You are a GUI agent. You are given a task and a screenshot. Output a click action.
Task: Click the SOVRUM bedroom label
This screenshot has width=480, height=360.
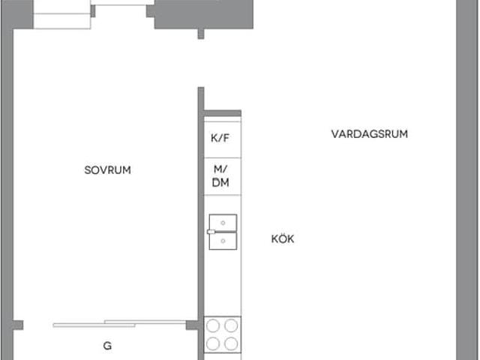tap(108, 170)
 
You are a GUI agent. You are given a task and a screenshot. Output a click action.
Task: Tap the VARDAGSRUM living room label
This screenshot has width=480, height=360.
tap(370, 134)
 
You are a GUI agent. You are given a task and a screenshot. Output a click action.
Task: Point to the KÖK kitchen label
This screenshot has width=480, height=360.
tap(283, 239)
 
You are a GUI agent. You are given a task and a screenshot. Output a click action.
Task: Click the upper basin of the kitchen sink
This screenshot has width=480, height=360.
tap(223, 222)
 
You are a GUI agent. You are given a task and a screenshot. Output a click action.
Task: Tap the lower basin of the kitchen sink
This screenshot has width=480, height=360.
tap(223, 240)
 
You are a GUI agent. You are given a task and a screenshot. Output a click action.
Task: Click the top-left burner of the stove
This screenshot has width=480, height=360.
tap(214, 325)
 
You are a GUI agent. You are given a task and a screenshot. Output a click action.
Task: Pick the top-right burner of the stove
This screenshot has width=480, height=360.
tap(232, 325)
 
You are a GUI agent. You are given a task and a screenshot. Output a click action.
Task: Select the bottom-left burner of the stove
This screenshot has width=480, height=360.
tap(214, 343)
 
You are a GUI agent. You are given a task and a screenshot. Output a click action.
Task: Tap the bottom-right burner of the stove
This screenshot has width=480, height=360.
tap(232, 343)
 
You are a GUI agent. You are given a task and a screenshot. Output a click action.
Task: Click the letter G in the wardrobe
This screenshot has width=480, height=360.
tap(107, 346)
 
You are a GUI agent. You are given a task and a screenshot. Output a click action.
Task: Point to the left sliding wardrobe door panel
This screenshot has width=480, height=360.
tap(94, 325)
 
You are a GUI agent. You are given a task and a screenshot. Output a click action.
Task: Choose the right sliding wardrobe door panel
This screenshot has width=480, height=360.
tap(145, 322)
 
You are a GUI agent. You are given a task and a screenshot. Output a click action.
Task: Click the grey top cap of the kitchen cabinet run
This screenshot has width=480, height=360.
tap(223, 113)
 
